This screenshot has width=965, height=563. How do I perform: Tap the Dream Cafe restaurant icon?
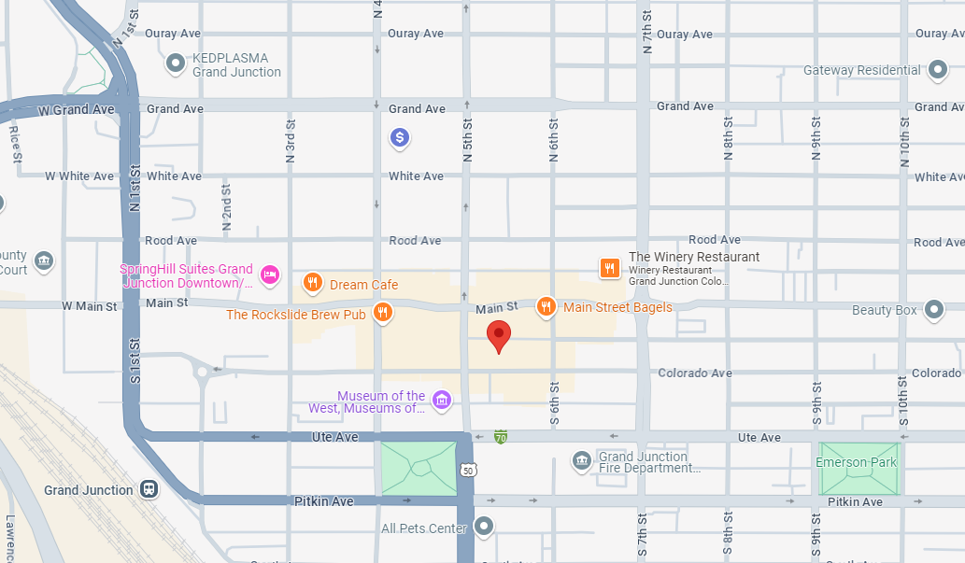(x=313, y=283)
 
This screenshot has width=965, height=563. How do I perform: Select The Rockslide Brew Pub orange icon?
(x=381, y=313)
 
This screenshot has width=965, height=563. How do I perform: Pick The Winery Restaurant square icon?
(x=609, y=268)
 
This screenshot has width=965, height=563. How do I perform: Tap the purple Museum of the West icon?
(x=442, y=401)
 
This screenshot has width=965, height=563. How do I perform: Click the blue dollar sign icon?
(x=400, y=138)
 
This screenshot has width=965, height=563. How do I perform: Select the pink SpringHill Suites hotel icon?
(x=269, y=274)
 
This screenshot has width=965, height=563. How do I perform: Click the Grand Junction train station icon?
(x=148, y=489)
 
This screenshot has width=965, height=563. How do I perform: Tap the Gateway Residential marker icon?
(x=939, y=70)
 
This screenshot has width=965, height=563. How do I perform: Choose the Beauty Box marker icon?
(x=934, y=309)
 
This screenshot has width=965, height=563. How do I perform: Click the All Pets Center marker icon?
(x=483, y=527)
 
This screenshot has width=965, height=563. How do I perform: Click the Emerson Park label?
(x=856, y=462)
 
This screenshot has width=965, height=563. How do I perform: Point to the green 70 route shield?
(x=501, y=436)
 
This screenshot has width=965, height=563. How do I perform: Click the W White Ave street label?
(x=79, y=176)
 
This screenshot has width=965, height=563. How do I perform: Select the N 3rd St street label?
(x=291, y=141)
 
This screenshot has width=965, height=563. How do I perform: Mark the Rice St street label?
(x=15, y=145)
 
